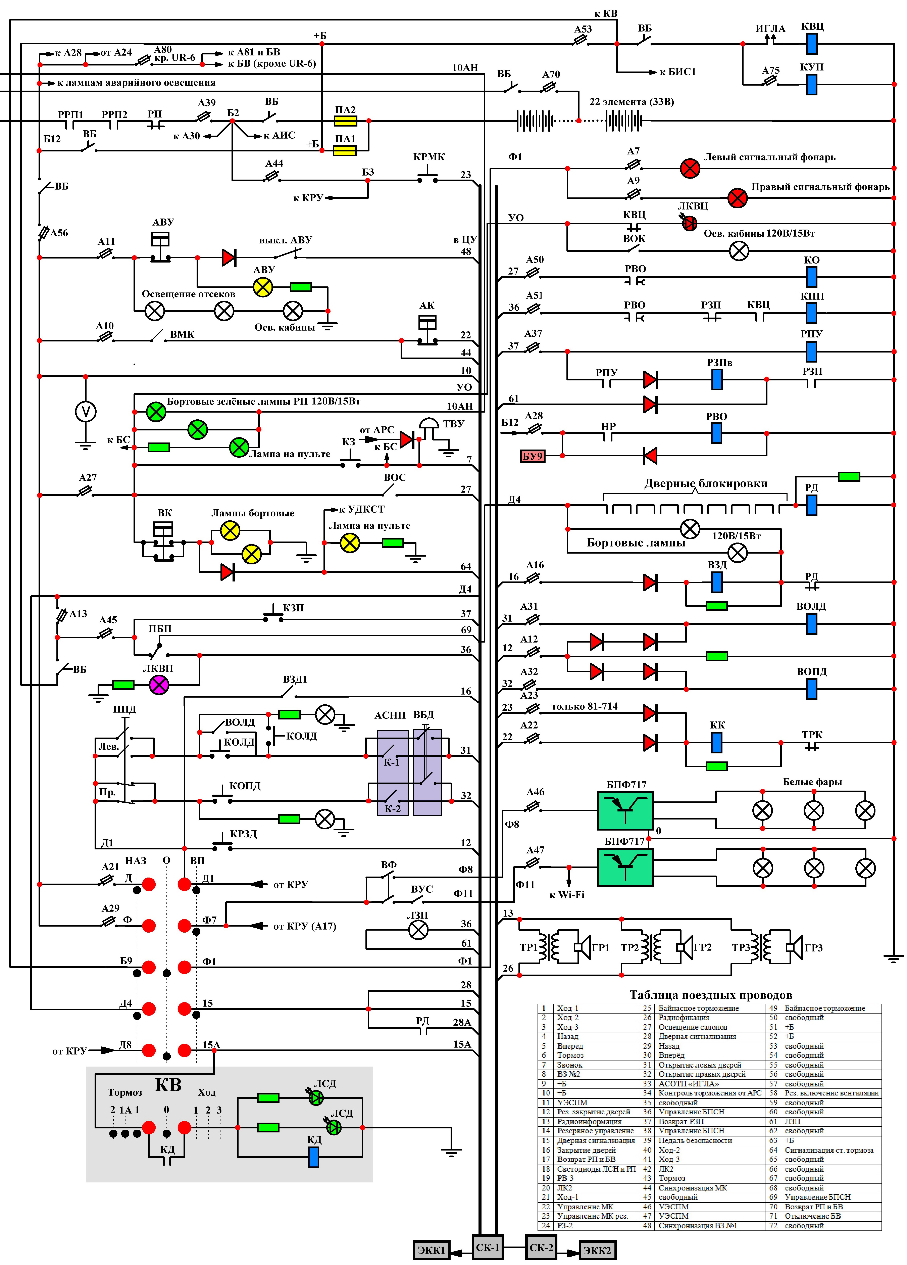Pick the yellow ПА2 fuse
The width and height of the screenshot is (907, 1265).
click(345, 121)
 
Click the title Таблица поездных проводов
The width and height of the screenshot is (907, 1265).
click(711, 994)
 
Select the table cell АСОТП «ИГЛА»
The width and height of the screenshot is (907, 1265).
click(689, 1083)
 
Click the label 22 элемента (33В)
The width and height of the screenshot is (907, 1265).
click(632, 101)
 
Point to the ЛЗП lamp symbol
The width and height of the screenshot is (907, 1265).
click(418, 930)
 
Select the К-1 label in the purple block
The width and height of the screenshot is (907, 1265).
click(391, 762)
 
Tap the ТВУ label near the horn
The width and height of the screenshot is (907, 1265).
click(454, 423)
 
